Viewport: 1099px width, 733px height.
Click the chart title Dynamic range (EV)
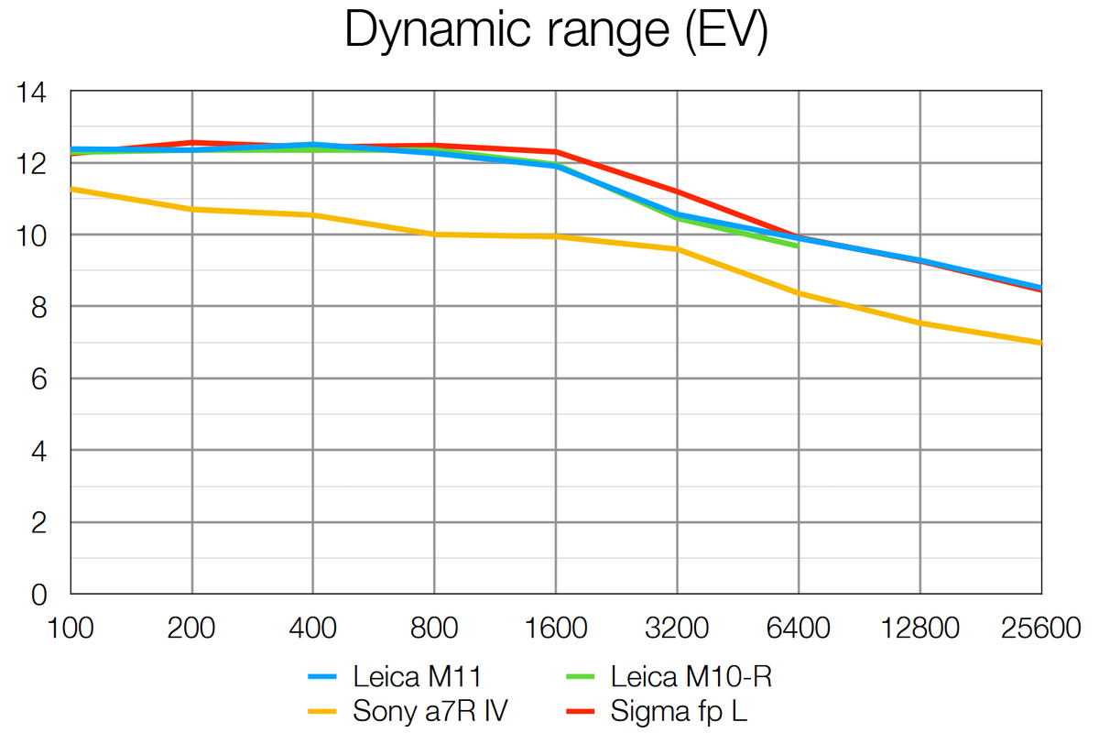click(556, 31)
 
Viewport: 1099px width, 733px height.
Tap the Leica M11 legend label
click(417, 678)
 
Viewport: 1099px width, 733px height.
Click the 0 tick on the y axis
click(38, 595)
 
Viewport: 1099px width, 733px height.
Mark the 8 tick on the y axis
click(38, 307)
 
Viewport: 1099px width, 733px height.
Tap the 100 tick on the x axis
click(71, 629)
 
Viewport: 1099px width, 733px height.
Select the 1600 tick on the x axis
click(556, 629)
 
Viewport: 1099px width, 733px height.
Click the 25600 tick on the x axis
click(1041, 629)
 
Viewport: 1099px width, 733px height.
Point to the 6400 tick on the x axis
click(799, 629)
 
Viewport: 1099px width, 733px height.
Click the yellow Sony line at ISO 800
click(434, 235)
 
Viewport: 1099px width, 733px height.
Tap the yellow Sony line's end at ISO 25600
click(1040, 343)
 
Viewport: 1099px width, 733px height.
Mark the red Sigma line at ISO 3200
click(678, 191)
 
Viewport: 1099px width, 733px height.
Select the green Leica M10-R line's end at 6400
click(798, 246)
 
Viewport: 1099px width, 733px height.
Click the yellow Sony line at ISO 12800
click(920, 323)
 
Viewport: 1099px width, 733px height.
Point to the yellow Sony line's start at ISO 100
click(71, 189)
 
